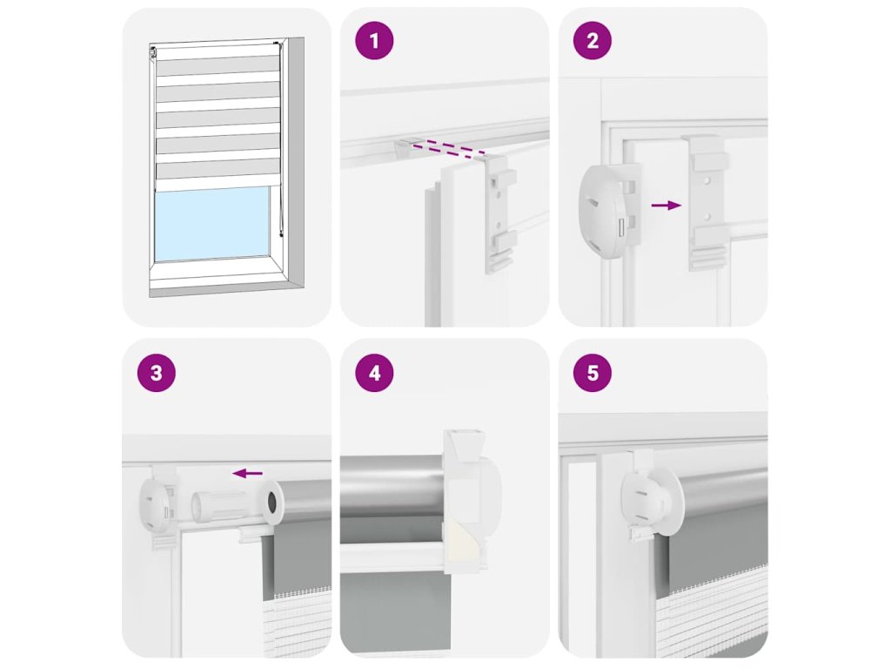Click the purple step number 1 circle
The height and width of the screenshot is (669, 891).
tap(374, 41)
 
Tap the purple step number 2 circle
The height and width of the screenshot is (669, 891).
tap(593, 41)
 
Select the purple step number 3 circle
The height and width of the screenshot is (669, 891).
tap(157, 373)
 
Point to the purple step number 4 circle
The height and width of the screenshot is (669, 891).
tap(374, 373)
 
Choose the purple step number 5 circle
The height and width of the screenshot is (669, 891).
tap(593, 373)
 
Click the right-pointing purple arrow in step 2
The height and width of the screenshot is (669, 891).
tap(667, 206)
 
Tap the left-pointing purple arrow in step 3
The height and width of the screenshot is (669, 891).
tap(248, 473)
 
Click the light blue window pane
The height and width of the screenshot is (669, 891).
tap(212, 225)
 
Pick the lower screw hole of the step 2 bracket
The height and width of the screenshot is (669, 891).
tap(707, 217)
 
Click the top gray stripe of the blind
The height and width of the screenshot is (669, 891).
tap(218, 66)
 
